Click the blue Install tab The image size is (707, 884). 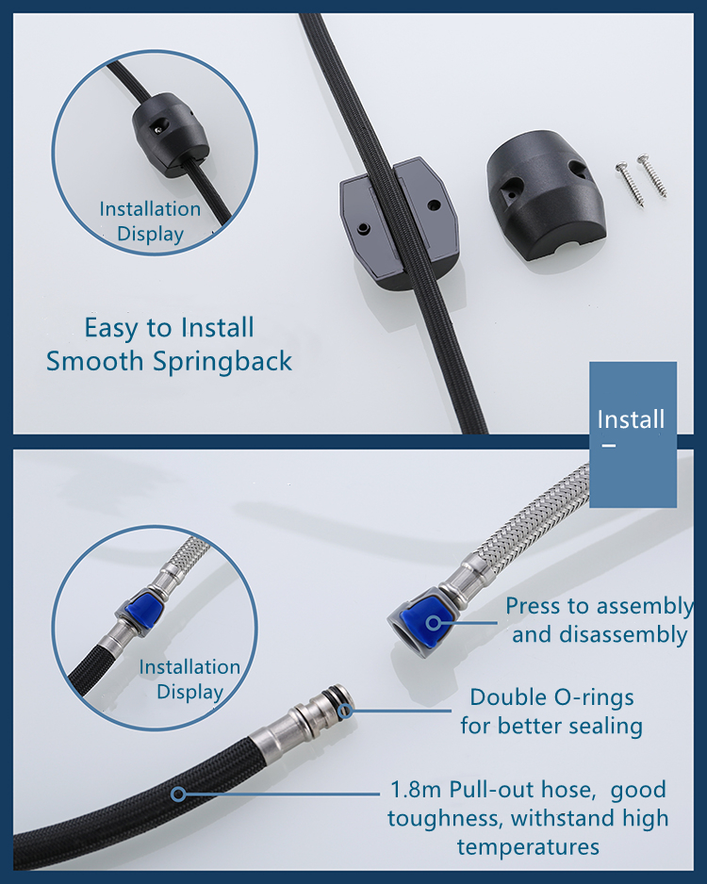coord(633,434)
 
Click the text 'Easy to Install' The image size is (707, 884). coord(169,328)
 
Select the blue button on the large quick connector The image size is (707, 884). coord(432,622)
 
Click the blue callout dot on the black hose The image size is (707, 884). coord(178,794)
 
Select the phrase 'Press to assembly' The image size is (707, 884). coord(599,606)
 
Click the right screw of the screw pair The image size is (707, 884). coord(651,176)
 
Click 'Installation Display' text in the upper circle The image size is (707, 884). coord(151,221)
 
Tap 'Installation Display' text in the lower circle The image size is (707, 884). coord(189,679)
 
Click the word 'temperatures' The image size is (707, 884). coord(528,847)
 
